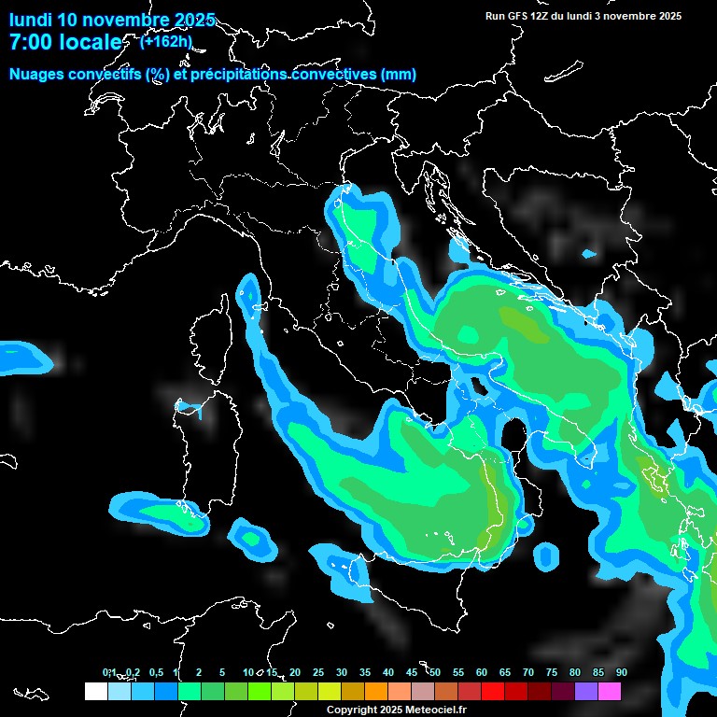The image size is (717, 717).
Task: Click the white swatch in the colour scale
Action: (95, 691)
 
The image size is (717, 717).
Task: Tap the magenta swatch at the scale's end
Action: (610, 691)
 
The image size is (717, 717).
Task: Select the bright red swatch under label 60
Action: (492, 691)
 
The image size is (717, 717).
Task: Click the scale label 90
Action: (621, 672)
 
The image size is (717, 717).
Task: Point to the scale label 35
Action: (364, 672)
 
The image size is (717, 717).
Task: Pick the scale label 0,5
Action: (156, 672)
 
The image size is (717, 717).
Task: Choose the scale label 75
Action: (551, 672)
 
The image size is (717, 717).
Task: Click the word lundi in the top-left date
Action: (31, 20)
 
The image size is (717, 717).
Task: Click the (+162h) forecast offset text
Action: (165, 41)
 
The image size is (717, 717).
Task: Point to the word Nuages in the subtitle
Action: (36, 75)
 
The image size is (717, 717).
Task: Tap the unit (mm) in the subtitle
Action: (398, 75)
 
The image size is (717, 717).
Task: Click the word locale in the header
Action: (90, 42)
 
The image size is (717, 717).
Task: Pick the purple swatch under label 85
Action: (586, 691)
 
